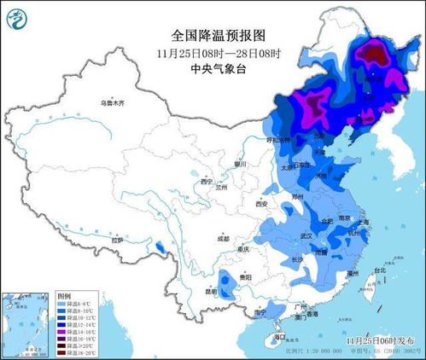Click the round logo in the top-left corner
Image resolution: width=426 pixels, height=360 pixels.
tap(16, 16)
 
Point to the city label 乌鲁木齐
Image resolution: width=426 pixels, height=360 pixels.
tap(111, 102)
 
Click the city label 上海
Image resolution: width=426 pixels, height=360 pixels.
tap(364, 221)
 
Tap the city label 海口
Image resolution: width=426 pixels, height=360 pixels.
tap(280, 337)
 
